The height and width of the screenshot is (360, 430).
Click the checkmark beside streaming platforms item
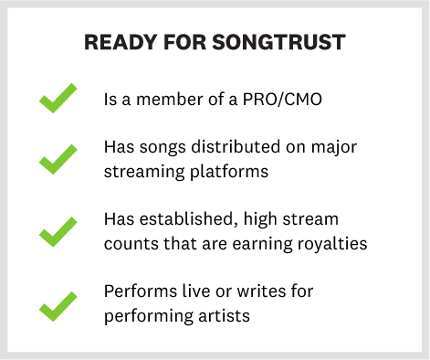tap(58, 161)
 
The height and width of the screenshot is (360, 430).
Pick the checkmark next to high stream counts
tap(58, 232)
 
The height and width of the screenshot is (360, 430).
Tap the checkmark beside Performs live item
tap(58, 303)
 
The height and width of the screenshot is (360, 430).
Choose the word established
tap(182, 220)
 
